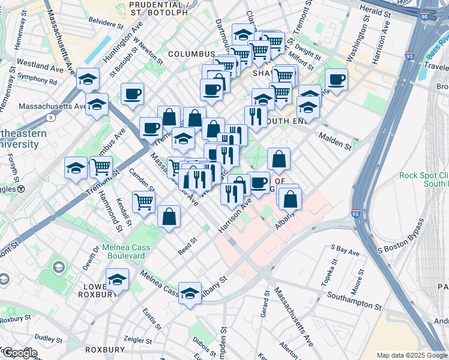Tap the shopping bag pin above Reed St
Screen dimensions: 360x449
point(169,215)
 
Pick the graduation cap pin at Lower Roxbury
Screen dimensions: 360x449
point(117,279)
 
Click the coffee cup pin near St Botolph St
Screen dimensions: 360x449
point(132,93)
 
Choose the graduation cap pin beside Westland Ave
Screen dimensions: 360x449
point(88,79)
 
